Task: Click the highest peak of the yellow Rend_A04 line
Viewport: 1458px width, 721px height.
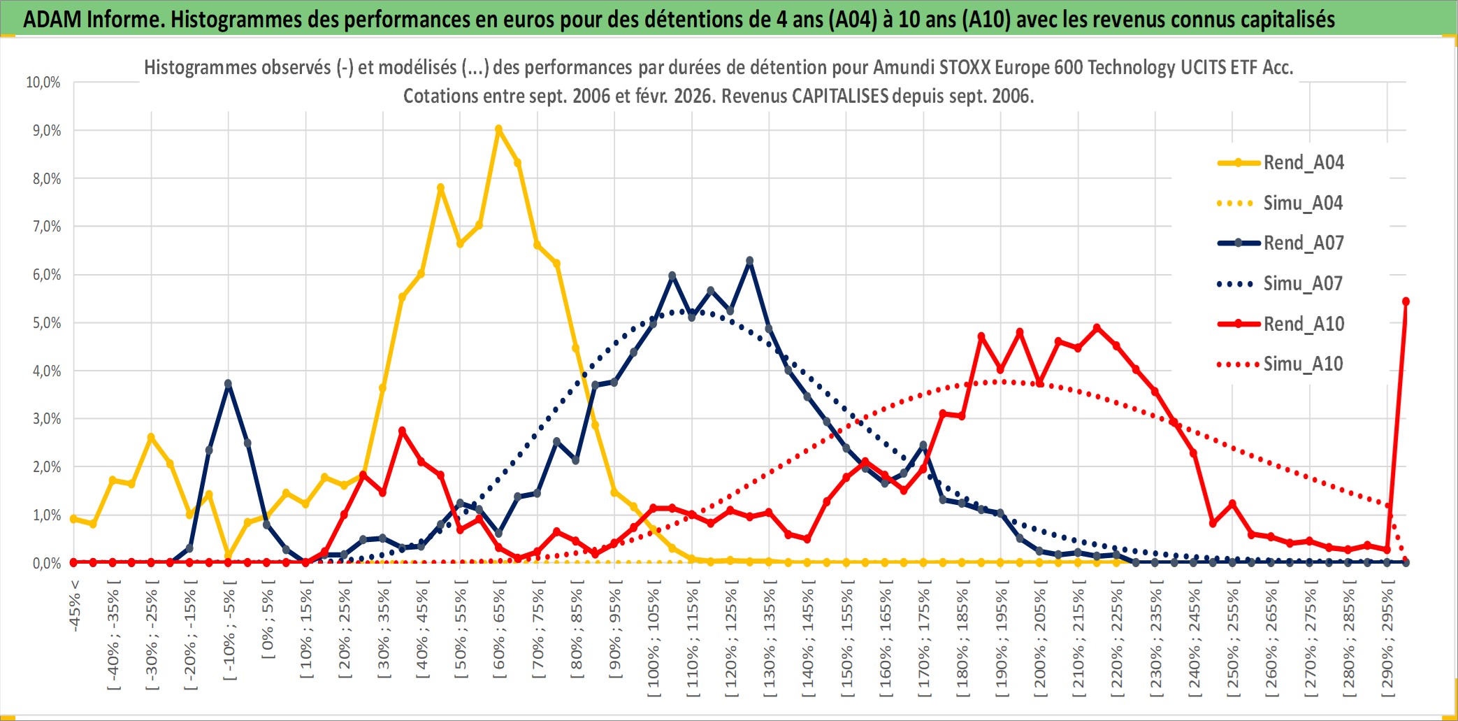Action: click(498, 129)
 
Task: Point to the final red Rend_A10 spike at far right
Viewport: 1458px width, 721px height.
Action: click(1406, 301)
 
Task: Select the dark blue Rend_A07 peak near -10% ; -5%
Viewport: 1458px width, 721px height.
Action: click(228, 383)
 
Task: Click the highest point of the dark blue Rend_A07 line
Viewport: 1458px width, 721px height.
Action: click(750, 261)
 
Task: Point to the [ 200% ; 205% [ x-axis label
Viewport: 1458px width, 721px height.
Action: click(1040, 643)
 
